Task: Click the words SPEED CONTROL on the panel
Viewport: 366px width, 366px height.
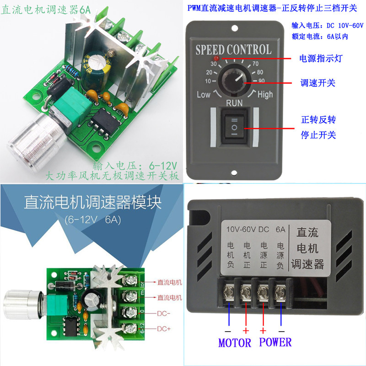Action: [x=233, y=50]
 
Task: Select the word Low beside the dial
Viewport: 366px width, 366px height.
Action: [x=204, y=95]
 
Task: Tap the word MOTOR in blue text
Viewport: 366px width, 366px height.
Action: [x=235, y=342]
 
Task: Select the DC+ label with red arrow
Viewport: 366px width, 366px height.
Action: [x=165, y=328]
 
